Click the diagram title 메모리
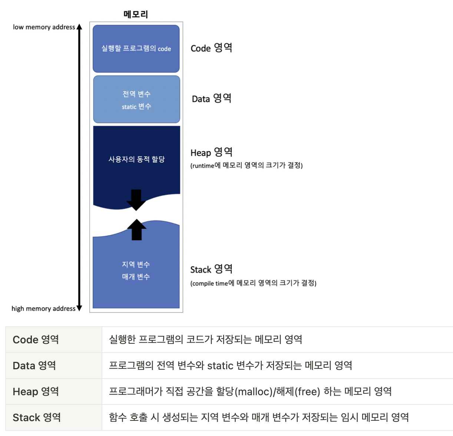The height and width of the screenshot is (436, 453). click(136, 14)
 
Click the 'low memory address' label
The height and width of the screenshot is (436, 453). click(44, 27)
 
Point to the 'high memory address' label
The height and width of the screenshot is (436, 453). click(43, 308)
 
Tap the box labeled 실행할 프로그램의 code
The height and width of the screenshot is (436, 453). click(136, 49)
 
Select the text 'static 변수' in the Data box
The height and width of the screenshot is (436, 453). click(136, 107)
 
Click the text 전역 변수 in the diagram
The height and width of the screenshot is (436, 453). click(136, 94)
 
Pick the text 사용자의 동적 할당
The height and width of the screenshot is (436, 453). click(136, 159)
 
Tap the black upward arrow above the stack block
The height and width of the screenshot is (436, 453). click(136, 229)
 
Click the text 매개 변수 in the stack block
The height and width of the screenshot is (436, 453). click(136, 277)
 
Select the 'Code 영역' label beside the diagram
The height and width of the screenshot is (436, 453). click(211, 48)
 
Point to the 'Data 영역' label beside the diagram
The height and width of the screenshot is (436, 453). click(211, 99)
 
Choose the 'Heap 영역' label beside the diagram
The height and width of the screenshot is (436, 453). click(211, 152)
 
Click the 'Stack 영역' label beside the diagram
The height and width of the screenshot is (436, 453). click(211, 269)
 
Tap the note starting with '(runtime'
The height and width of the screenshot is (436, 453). click(247, 165)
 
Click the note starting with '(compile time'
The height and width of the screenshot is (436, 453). click(253, 283)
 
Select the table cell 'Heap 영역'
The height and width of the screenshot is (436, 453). click(36, 392)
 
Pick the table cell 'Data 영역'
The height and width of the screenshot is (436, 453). click(34, 366)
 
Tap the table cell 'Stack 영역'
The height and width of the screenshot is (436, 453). click(37, 417)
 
